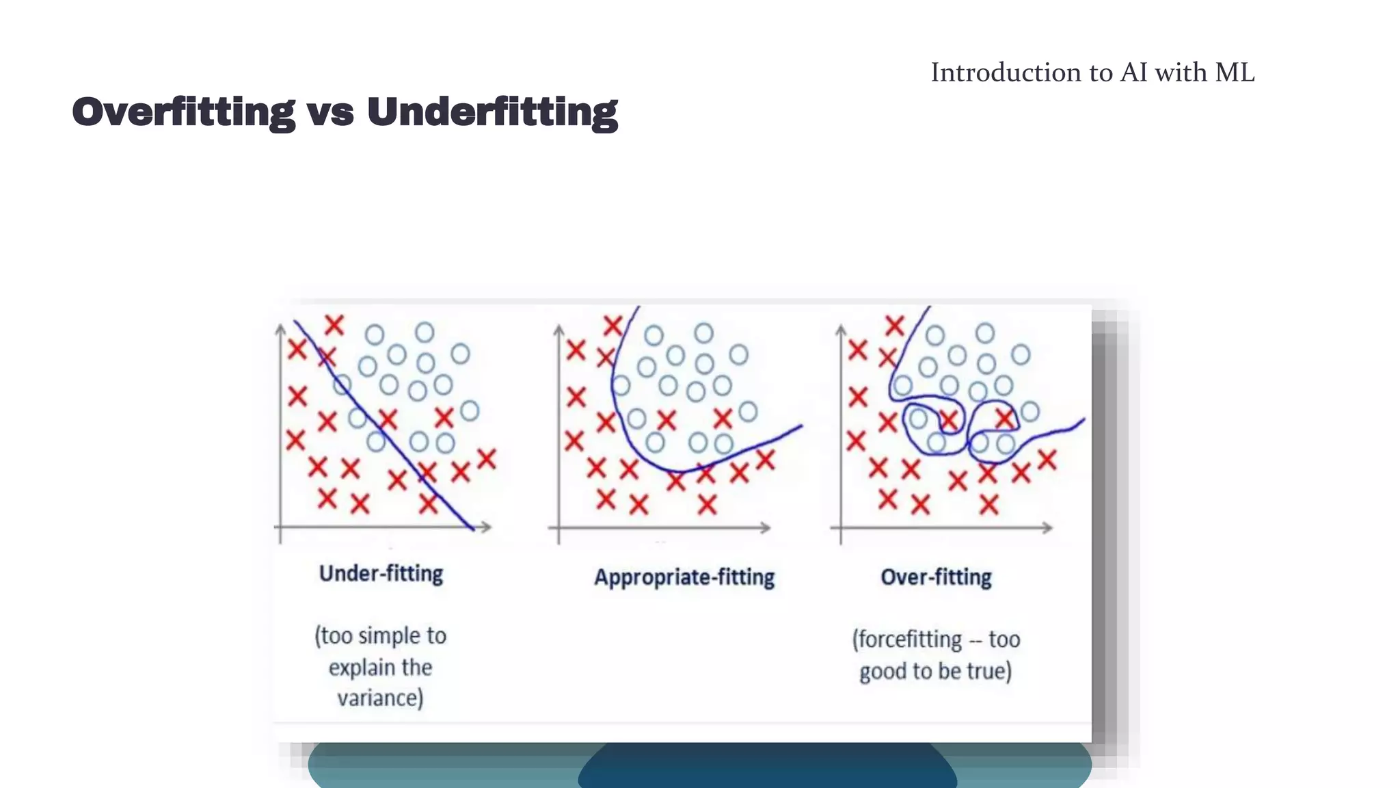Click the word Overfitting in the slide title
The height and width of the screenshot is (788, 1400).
tap(183, 112)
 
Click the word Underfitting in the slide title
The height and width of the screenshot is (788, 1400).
tap(492, 112)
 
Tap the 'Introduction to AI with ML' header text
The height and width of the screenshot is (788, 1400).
tap(1092, 73)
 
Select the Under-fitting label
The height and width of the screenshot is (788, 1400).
tap(381, 573)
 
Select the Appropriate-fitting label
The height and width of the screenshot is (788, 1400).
tap(684, 577)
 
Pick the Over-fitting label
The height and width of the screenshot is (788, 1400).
tap(936, 577)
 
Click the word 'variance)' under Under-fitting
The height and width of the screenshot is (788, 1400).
tap(380, 698)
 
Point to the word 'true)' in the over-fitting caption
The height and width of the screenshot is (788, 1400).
tap(990, 671)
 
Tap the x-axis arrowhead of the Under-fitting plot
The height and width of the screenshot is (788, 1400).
tap(487, 527)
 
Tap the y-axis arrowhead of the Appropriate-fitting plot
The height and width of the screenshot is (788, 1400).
tap(558, 330)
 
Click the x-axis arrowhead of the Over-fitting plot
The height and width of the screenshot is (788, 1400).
tap(1047, 527)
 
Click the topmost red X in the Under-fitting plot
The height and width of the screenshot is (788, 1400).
tap(334, 324)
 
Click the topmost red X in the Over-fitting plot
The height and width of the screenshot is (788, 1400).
tap(894, 325)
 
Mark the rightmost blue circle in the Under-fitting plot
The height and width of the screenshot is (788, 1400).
tap(470, 410)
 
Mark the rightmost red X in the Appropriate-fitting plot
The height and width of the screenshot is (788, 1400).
tap(765, 460)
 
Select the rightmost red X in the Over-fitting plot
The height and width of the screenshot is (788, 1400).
tap(1047, 460)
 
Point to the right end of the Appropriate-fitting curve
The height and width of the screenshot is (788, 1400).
tap(800, 426)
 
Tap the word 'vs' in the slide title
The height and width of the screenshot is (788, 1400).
tap(330, 112)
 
